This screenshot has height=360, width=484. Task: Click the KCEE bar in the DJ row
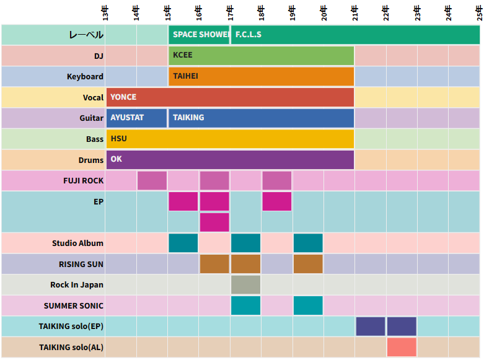click(261, 55)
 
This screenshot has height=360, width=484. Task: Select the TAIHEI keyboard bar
click(261, 76)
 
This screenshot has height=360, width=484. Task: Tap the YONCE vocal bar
click(230, 97)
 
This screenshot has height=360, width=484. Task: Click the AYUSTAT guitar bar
click(136, 118)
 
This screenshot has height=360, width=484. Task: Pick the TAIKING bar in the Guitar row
click(261, 118)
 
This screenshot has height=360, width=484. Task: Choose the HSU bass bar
click(230, 139)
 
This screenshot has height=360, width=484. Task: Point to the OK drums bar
click(230, 159)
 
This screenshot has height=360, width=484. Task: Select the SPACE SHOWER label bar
click(199, 35)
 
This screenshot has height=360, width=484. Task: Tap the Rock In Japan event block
click(245, 284)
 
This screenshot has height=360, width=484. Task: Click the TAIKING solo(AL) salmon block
click(402, 347)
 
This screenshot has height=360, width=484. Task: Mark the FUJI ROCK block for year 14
click(152, 180)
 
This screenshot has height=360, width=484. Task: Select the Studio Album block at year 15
click(183, 243)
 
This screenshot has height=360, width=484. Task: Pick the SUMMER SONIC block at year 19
click(308, 305)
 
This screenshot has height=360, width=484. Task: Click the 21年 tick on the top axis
click(355, 12)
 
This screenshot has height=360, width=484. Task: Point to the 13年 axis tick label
click(105, 12)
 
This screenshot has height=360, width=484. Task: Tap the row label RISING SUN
click(81, 264)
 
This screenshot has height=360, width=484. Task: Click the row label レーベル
click(86, 35)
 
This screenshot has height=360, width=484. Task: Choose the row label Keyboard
click(85, 76)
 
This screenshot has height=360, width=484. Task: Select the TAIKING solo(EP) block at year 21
click(371, 326)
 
